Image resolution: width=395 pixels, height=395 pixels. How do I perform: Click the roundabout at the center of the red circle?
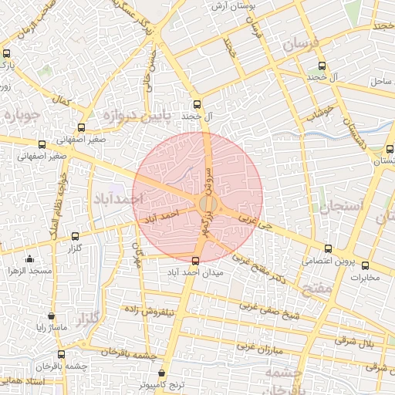pos(207,204)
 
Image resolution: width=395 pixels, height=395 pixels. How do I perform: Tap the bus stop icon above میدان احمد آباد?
pos(194,261)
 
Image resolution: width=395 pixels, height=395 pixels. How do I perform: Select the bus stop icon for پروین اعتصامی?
pos(329,248)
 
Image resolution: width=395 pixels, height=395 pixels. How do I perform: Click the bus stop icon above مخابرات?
pos(366,264)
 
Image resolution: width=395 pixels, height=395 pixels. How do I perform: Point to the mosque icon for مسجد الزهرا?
pos(29,259)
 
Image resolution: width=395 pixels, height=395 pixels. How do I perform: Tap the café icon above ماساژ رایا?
pos(51,316)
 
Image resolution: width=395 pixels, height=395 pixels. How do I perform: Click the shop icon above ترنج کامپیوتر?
pos(161,373)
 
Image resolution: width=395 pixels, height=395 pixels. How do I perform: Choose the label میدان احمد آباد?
pos(194,272)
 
